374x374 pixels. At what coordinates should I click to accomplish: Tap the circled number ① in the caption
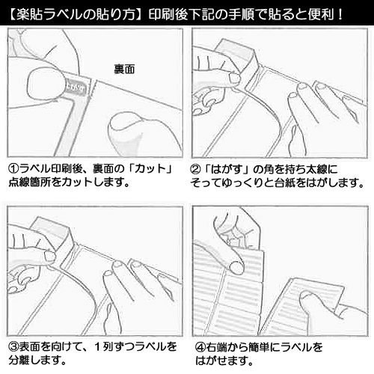pos(13,169)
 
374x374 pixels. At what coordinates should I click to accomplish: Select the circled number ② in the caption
pos(197,169)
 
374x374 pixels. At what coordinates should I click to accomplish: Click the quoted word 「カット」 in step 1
pos(154,169)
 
